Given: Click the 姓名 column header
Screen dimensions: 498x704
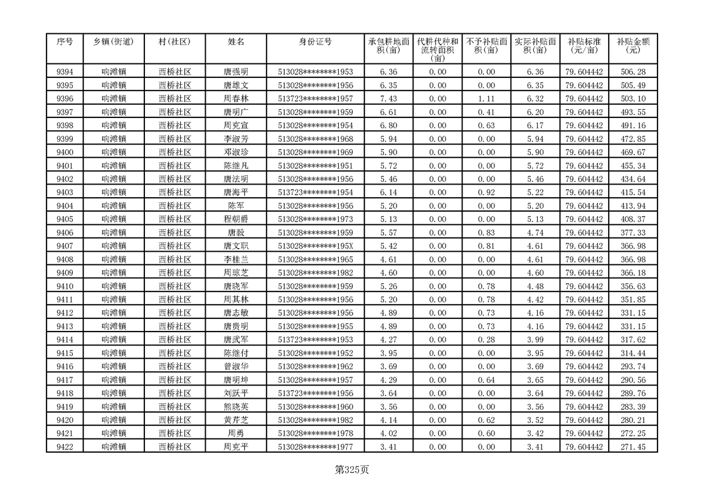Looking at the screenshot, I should click(x=236, y=42).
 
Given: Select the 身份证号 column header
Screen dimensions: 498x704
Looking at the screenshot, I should click(x=315, y=42).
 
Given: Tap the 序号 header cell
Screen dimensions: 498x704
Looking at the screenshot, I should click(x=65, y=42).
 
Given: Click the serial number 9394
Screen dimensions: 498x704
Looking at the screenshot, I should click(x=65, y=72).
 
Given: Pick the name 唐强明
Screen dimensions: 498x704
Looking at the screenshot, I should click(x=236, y=72).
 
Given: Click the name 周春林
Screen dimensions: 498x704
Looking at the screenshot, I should click(x=236, y=99).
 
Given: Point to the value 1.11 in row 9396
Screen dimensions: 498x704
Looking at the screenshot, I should click(x=486, y=99).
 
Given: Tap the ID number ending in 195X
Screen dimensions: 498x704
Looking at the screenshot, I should click(x=315, y=246).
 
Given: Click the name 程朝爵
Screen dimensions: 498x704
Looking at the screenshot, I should click(x=236, y=219).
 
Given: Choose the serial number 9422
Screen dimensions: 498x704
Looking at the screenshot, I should click(x=65, y=447).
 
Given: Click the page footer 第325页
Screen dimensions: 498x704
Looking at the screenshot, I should click(x=352, y=469).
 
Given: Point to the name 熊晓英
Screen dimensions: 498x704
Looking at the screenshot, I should click(x=236, y=406).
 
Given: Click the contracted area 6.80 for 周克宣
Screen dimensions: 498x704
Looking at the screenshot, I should click(x=388, y=126).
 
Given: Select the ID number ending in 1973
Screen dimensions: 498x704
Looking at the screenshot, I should click(x=315, y=219).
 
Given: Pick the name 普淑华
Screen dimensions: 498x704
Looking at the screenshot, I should click(x=236, y=366).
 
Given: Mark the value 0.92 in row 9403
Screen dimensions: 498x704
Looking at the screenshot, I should click(x=486, y=192).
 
